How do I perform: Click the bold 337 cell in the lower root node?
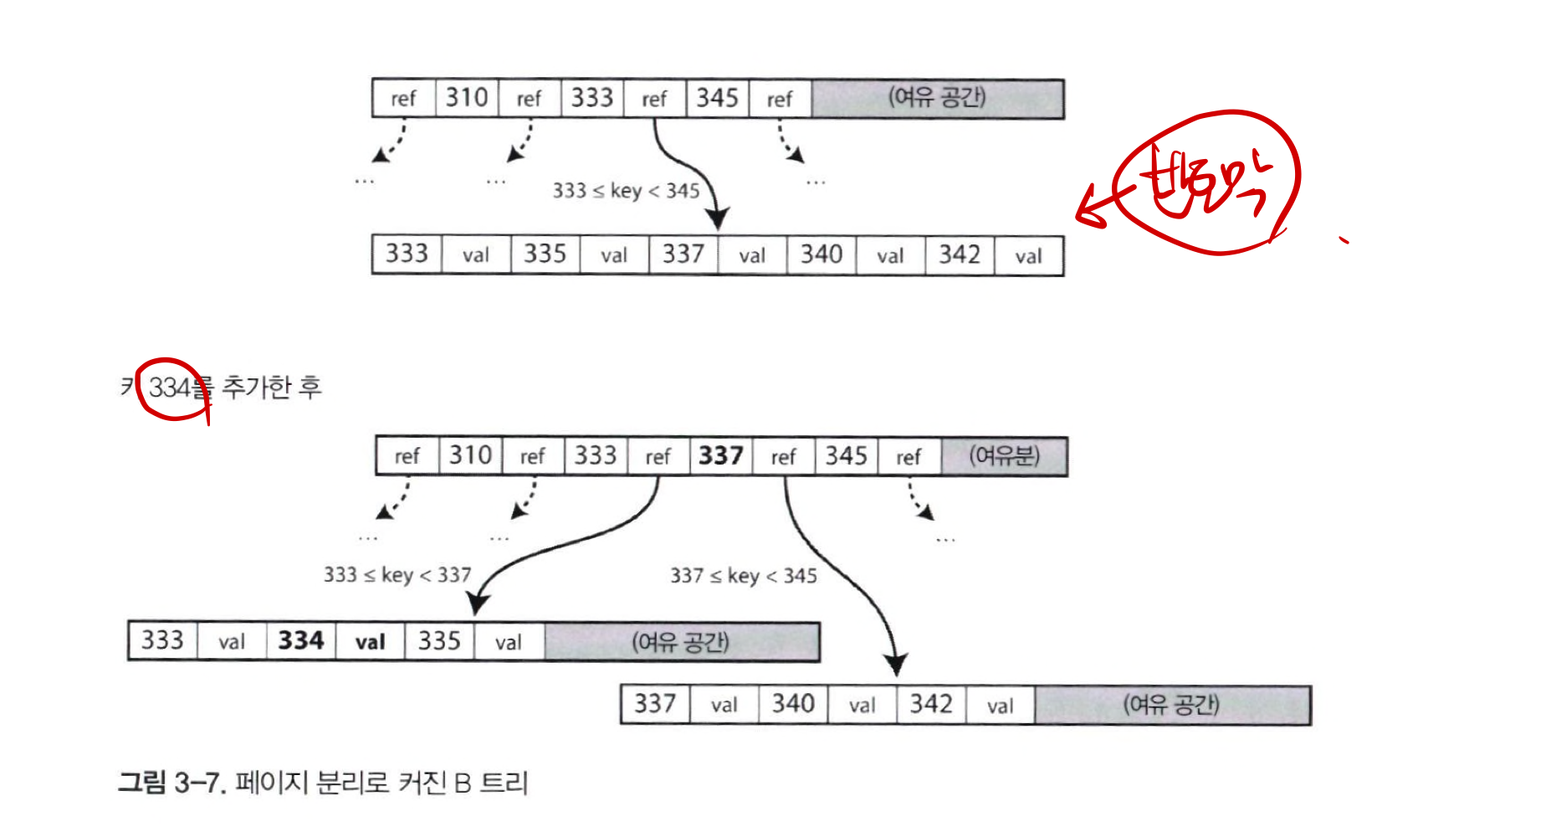coord(721,456)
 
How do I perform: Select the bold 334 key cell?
coord(301,641)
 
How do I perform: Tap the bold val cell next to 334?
coord(370,642)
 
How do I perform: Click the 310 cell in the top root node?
coord(467,98)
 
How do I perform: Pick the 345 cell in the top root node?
coord(718,98)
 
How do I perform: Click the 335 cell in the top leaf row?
coord(545,254)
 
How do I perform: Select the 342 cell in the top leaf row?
coord(960,254)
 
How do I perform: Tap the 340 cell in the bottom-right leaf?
coord(793,704)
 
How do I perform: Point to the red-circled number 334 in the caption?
coord(172,388)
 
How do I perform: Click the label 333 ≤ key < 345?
coord(626,191)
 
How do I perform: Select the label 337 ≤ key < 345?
coord(743,576)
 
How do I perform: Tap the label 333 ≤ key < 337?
coord(397,575)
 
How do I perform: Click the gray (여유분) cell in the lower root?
coord(1004,456)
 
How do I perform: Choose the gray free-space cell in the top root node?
coord(937,98)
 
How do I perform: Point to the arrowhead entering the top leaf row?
coord(717,219)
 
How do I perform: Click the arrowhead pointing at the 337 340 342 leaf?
coord(896,665)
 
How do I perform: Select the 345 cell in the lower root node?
coord(847,456)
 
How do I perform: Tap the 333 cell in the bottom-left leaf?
coord(162,641)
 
